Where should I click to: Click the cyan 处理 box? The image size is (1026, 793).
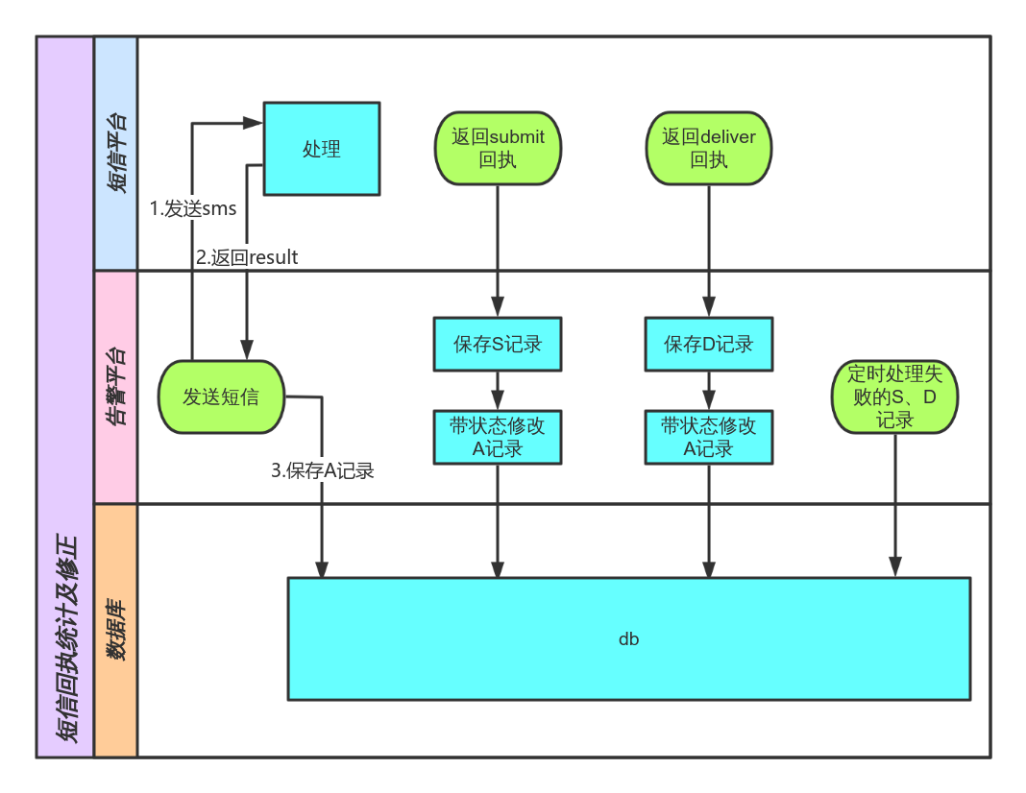pos(322,149)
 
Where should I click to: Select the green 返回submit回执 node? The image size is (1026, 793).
pos(498,149)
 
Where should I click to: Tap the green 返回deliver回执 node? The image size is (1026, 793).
pos(709,149)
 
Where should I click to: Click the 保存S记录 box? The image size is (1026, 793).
pos(498,344)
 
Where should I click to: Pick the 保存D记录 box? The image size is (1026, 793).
pos(709,344)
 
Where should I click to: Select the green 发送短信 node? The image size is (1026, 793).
pos(222,396)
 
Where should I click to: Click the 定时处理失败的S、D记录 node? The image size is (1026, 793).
pos(895,396)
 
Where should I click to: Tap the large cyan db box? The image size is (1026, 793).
pos(629,638)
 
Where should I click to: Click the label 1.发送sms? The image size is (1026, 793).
pos(193,208)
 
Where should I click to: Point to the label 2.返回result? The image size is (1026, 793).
pos(247,257)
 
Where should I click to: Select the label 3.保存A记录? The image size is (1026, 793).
pos(322,470)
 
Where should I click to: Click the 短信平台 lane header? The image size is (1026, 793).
pos(116,154)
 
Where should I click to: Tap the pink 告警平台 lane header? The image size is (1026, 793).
pos(116,387)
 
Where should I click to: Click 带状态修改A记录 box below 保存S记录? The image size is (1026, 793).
pos(498,437)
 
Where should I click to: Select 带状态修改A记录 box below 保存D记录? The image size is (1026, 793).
pos(709,437)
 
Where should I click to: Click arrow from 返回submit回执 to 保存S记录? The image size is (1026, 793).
pos(498,250)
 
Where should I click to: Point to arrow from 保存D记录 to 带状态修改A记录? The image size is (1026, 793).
pos(709,391)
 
